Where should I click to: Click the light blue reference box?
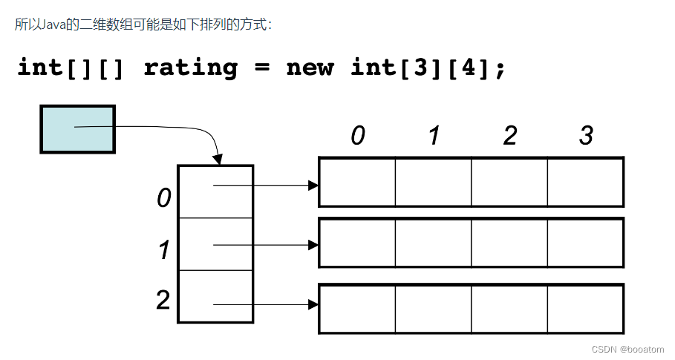coord(77,129)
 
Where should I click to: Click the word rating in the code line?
coord(190,68)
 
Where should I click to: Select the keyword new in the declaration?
coord(310,68)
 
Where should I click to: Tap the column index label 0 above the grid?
coord(358,136)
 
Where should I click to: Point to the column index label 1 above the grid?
coord(434,136)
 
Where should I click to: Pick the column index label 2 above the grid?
coord(509,136)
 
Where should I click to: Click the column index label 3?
coord(586,136)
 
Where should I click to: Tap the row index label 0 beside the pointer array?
coord(163,198)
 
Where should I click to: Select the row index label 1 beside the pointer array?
coord(164,250)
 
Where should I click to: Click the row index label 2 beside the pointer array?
coord(163,301)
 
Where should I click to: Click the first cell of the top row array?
coord(357,182)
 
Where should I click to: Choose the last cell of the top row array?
coord(584,182)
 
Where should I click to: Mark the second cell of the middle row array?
coord(433,243)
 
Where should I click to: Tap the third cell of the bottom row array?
coord(509,308)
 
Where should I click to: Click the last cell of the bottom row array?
coord(584,308)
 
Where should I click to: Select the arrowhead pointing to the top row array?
coord(313,185)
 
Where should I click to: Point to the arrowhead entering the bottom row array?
coord(313,304)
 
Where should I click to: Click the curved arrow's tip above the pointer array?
coord(218,160)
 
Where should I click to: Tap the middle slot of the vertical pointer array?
coord(215,244)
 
